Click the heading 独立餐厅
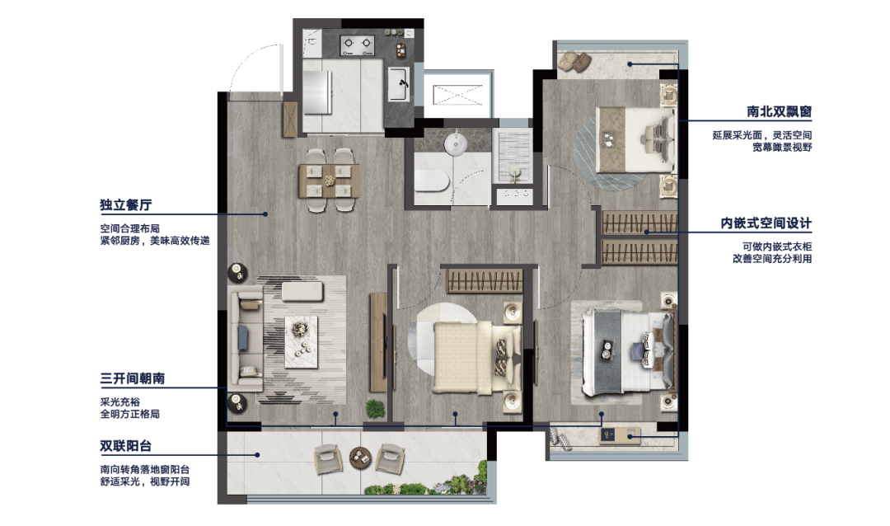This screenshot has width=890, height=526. tap(126, 204)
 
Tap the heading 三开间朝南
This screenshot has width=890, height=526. tap(132, 378)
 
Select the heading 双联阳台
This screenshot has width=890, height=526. tap(126, 446)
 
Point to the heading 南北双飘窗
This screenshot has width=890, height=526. tap(779, 111)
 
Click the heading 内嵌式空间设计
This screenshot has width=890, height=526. tap(766, 223)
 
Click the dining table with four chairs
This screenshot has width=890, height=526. tap(329, 180)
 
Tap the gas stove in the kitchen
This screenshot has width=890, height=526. tap(357, 43)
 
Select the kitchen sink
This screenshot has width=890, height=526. tap(399, 84)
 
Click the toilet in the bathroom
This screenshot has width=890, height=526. tap(431, 180)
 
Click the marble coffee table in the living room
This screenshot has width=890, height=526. tap(301, 342)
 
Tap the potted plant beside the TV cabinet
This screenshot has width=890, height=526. tap(375, 408)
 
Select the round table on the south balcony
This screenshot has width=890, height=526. tap(360, 457)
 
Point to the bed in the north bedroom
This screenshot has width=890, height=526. tap(635, 139)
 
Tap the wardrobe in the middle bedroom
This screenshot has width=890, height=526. tap(485, 280)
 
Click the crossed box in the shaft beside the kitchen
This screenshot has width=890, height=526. tap(457, 94)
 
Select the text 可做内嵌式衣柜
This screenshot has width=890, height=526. tap(777, 247)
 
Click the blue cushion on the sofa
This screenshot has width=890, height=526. tap(243, 338)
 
